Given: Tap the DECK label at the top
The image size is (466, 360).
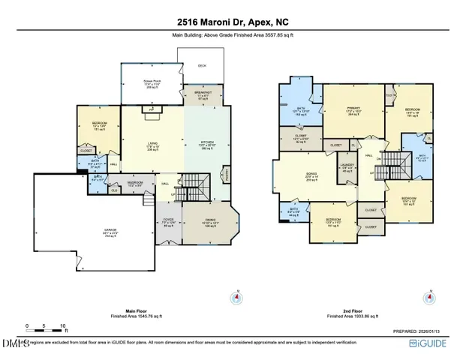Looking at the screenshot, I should (202, 66).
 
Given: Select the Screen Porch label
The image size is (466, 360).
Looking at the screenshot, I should (152, 83).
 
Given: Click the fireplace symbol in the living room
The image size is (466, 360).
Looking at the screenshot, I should (152, 109).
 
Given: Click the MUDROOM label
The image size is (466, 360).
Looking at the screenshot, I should (135, 183).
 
